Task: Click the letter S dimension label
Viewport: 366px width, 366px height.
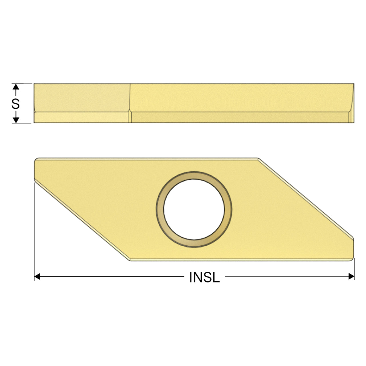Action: click(x=15, y=104)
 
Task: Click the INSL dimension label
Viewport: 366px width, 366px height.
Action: click(x=204, y=277)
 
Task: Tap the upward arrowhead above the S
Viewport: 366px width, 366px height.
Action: click(x=16, y=87)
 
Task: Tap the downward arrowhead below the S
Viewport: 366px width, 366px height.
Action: click(x=16, y=120)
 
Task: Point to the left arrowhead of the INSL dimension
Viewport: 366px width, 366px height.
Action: click(x=37, y=277)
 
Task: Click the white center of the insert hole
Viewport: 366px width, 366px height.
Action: click(x=194, y=209)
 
